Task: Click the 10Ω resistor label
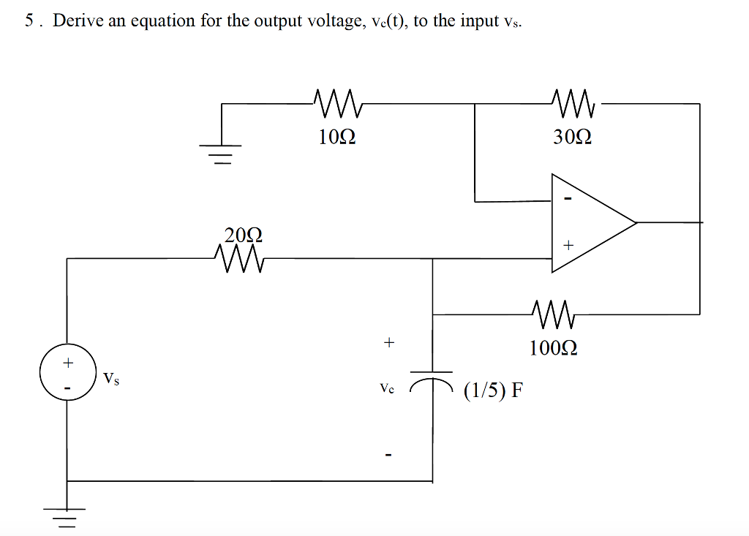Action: click(x=337, y=137)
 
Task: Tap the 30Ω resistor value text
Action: click(x=572, y=137)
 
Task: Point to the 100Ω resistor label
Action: click(x=554, y=347)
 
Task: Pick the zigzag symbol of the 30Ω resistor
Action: click(x=573, y=104)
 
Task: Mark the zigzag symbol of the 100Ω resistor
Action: click(x=554, y=314)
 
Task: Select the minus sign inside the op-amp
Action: click(x=567, y=200)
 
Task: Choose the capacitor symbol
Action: click(x=432, y=377)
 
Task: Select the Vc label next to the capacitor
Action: click(x=387, y=389)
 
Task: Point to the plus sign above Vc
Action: click(x=388, y=341)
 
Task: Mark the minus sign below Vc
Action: click(x=389, y=456)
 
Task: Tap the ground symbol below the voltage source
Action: click(x=67, y=516)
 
